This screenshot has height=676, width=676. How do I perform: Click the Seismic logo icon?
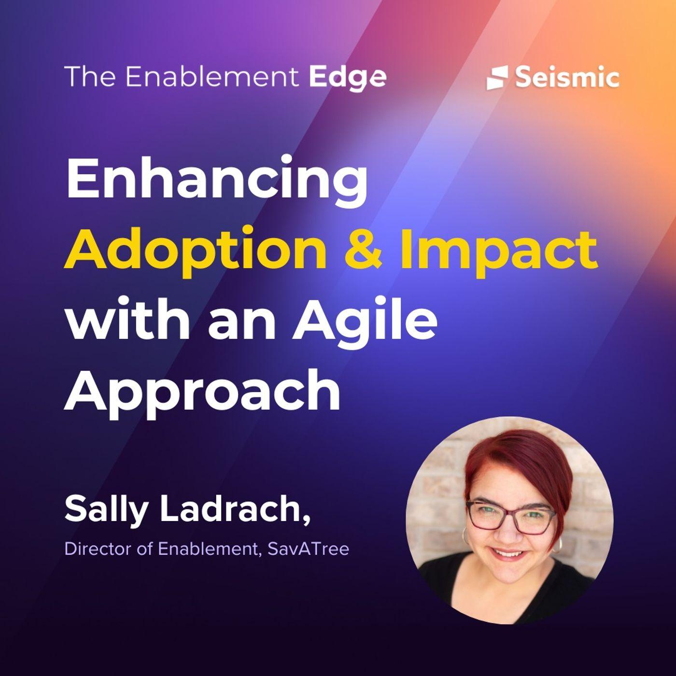coord(497,78)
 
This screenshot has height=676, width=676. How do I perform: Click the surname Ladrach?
coord(235,510)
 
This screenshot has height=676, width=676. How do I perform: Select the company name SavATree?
coord(309,549)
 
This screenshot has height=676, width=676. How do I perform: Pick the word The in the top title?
coord(91,76)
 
